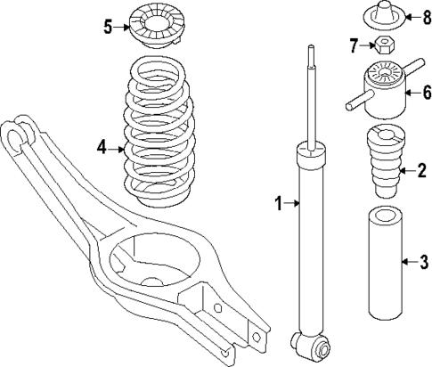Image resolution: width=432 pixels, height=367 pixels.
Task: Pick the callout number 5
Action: (x=107, y=27)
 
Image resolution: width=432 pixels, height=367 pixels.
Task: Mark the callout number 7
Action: (x=353, y=45)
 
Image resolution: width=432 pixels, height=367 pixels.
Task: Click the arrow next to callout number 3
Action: (x=406, y=262)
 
